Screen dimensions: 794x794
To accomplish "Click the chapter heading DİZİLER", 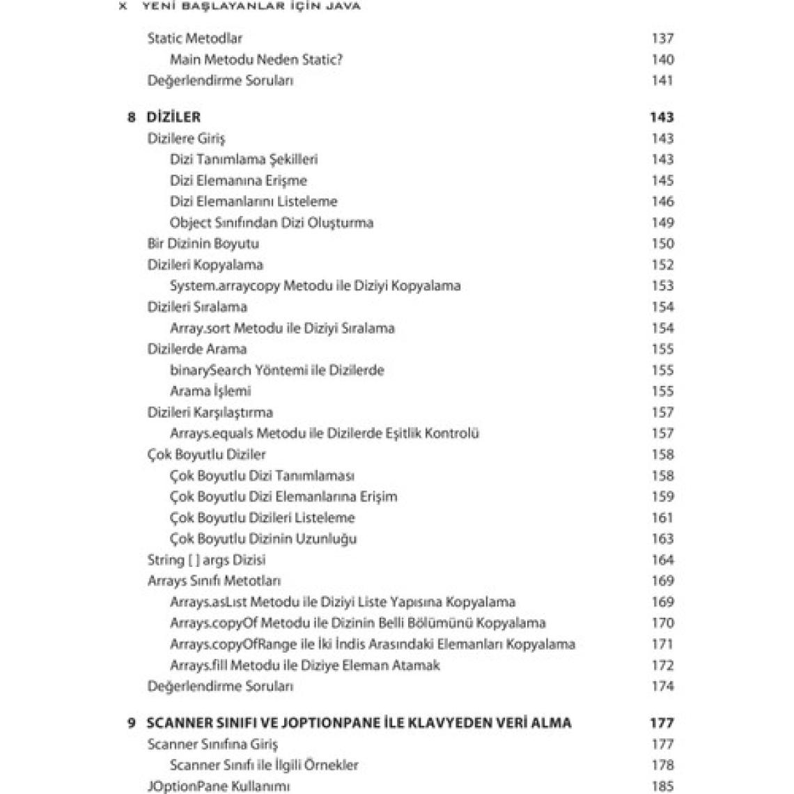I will [173, 117].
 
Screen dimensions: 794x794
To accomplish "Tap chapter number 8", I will [132, 117].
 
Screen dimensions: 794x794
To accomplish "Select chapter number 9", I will [132, 723].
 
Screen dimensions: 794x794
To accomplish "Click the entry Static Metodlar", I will [194, 38].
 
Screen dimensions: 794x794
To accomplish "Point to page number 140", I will [662, 59].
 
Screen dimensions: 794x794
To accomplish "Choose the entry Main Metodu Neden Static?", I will [256, 59].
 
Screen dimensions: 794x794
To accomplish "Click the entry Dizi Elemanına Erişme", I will [238, 180].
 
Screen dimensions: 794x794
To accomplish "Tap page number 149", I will [662, 223].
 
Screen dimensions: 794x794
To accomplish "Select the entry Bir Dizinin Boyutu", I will [203, 244].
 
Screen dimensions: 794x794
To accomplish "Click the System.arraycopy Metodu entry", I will [315, 286].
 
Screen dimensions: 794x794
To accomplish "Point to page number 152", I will [662, 265].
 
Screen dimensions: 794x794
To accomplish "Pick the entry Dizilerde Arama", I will [197, 349].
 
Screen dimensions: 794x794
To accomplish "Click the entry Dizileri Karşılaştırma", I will [210, 412].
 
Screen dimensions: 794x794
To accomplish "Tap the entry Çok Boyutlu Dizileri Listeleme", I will [263, 517].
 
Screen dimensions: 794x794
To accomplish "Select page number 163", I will [662, 538].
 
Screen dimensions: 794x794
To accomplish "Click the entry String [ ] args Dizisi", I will [206, 560].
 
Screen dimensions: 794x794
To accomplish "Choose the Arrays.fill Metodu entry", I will [305, 665].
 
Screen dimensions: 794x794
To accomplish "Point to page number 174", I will [662, 686].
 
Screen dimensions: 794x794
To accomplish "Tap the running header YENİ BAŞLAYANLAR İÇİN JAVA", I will [250, 6].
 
